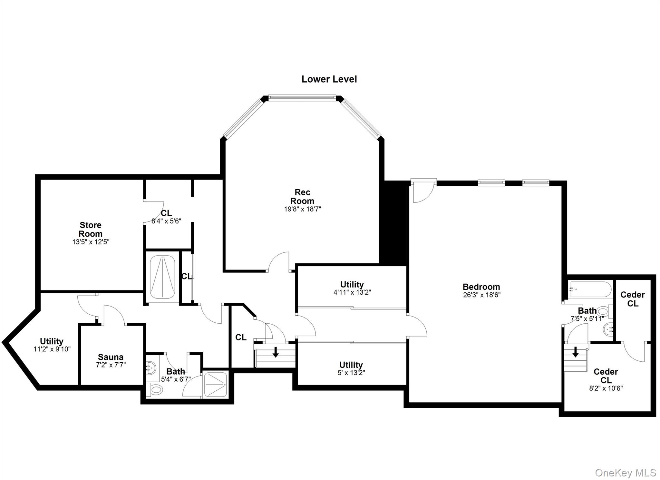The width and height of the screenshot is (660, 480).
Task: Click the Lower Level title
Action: (x=329, y=79)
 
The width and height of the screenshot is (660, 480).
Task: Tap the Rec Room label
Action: (x=302, y=197)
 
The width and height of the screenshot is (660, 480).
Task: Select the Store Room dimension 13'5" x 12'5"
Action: (x=91, y=242)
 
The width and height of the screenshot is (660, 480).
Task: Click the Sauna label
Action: (x=111, y=357)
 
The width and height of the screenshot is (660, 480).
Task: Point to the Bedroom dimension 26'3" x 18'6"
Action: (x=481, y=295)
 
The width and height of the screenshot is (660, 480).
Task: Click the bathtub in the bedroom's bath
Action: (x=590, y=289)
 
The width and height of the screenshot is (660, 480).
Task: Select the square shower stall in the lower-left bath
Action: (x=215, y=384)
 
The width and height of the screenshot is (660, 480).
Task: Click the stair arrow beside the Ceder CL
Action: (x=576, y=352)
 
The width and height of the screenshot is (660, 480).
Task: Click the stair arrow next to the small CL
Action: (x=276, y=352)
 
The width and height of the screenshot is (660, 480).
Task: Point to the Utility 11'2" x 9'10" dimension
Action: (x=52, y=349)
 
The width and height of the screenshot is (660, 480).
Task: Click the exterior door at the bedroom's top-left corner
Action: (x=423, y=192)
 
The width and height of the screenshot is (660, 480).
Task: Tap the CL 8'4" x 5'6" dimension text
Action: (x=166, y=221)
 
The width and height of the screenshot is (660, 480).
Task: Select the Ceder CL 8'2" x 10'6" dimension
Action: (x=606, y=388)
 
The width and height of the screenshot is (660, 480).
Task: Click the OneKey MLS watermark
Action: (x=625, y=473)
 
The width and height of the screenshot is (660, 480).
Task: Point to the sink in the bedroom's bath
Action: (x=607, y=329)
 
